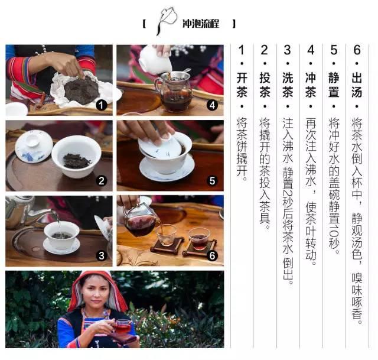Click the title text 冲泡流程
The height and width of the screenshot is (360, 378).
pyautogui.click(x=201, y=24)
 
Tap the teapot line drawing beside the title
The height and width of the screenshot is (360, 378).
pyautogui.click(x=167, y=20)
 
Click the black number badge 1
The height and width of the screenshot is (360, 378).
pyautogui.click(x=101, y=105)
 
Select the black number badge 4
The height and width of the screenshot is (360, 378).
pyautogui.click(x=212, y=105)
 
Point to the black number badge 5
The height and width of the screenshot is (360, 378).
pyautogui.click(x=212, y=181)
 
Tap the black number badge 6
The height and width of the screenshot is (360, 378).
pyautogui.click(x=212, y=256)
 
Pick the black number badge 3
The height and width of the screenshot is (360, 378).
pyautogui.click(x=101, y=256)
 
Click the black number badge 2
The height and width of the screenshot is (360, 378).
pyautogui.click(x=101, y=181)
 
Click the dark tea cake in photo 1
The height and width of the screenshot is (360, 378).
pyautogui.click(x=82, y=89)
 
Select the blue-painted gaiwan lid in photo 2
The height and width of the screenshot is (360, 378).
pyautogui.click(x=34, y=145)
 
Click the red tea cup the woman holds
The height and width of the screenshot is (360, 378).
pyautogui.click(x=122, y=326)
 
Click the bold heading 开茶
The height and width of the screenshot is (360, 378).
pyautogui.click(x=242, y=85)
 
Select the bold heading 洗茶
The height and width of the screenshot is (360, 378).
pyautogui.click(x=288, y=85)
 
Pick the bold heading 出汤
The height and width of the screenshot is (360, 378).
pyautogui.click(x=357, y=85)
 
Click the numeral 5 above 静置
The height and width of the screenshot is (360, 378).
pyautogui.click(x=334, y=50)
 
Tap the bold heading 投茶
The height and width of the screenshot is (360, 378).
pyautogui.click(x=265, y=85)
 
